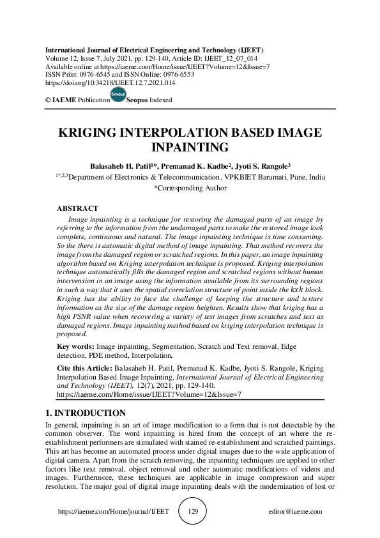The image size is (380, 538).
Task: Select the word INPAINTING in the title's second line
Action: [x=190, y=148]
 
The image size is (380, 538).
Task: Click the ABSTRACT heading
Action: [x=77, y=209]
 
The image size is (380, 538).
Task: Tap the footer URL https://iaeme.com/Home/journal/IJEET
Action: [x=113, y=512]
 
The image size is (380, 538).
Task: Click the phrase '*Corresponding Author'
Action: [x=190, y=188]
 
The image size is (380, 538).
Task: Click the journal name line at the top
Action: [x=153, y=49]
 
